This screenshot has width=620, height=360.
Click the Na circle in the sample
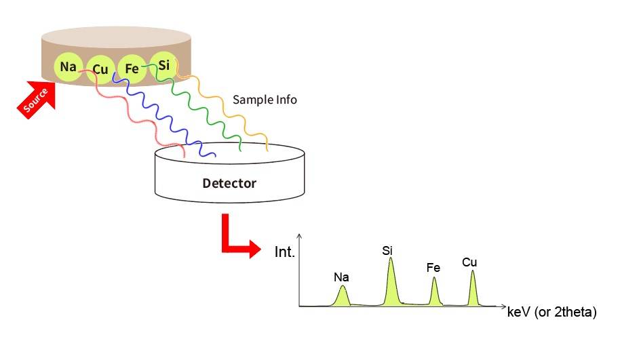[x=68, y=66]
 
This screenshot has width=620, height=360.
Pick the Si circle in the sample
[x=163, y=64]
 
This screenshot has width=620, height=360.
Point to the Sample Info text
[x=265, y=100]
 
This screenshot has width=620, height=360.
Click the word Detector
[x=229, y=183]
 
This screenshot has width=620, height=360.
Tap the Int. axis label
[x=284, y=252]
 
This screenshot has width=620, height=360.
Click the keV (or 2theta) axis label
[x=551, y=313]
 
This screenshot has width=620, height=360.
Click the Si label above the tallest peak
[x=387, y=251]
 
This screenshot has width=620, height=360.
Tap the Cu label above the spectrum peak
[x=469, y=262]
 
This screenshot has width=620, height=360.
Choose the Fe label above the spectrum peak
[x=433, y=268]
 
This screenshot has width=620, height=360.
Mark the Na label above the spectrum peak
[x=341, y=277]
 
